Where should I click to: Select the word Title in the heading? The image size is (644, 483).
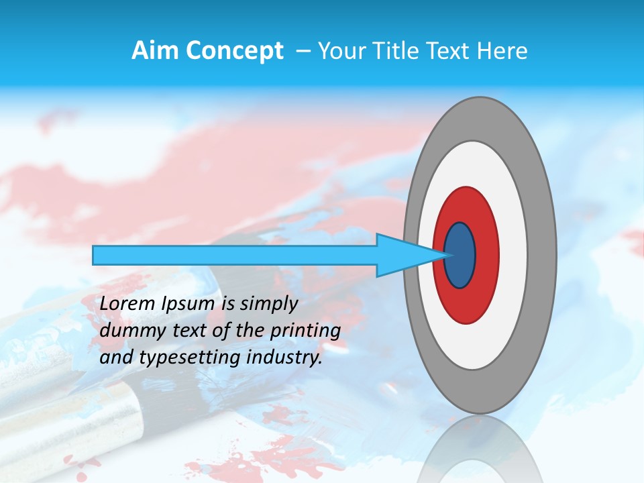[398, 51]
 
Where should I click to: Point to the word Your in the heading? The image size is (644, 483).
[341, 51]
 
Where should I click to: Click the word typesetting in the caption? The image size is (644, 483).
[188, 358]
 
